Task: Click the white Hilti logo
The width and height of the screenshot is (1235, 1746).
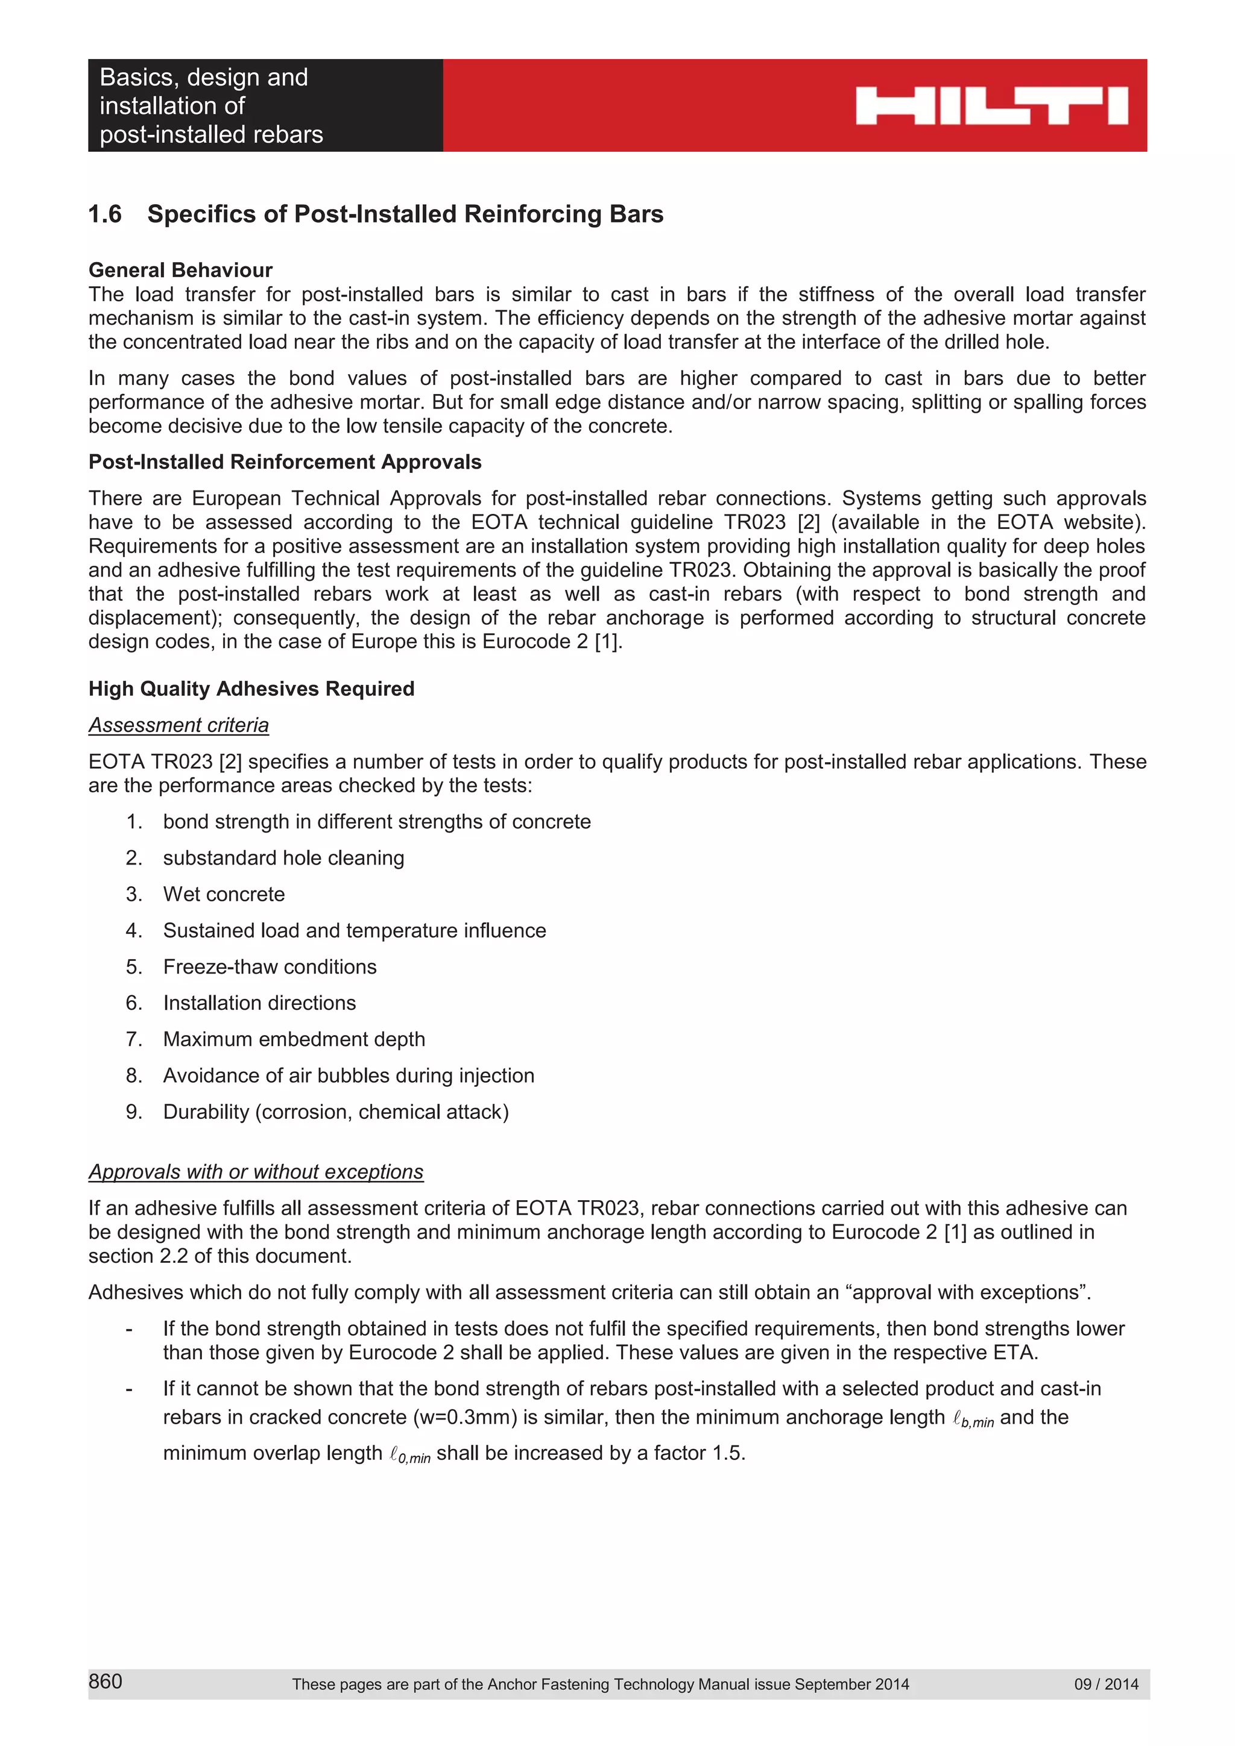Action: pos(991,105)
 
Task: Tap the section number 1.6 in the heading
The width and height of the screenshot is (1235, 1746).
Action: pos(105,214)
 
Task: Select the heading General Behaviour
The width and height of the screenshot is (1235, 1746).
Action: pos(180,270)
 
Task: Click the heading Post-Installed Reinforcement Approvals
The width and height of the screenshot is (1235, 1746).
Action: pos(285,462)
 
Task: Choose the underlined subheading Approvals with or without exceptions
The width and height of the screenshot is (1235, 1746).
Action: pos(256,1171)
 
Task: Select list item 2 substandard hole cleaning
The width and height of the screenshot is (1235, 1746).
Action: pos(283,858)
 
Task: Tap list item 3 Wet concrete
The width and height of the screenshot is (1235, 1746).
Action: pos(224,894)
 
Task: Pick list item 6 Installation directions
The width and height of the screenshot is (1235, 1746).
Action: pos(259,1003)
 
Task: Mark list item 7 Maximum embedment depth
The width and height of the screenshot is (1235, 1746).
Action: pos(294,1039)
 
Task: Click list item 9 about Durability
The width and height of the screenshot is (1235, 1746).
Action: pos(335,1112)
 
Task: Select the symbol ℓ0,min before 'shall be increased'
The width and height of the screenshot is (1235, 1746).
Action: pos(409,1455)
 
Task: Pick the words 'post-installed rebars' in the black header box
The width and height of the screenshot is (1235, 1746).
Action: pos(211,134)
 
